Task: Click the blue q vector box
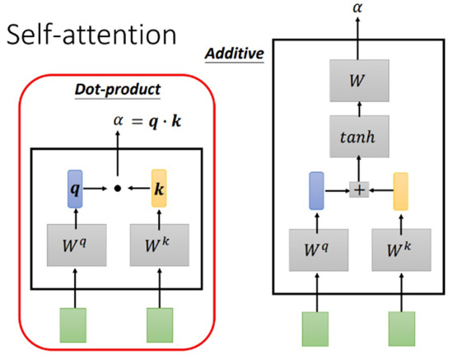point(75,188)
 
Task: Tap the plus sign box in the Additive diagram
point(360,189)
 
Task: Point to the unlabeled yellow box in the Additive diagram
point(401,189)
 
